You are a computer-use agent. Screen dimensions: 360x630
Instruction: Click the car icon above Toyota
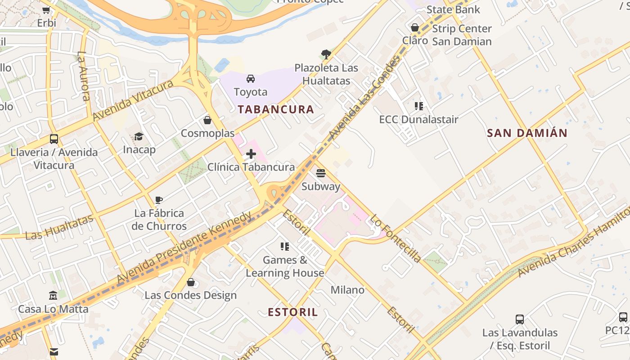[x=251, y=79]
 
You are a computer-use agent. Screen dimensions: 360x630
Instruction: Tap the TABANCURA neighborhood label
[x=275, y=109]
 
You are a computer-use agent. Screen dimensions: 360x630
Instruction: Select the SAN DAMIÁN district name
[x=527, y=133]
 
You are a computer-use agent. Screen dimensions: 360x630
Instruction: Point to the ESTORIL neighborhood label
[x=292, y=312]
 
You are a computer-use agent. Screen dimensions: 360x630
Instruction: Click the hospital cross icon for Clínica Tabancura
[x=251, y=154]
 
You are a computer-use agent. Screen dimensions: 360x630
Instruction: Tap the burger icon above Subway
[x=320, y=173]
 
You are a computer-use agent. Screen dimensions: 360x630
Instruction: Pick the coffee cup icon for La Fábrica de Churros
[x=158, y=200]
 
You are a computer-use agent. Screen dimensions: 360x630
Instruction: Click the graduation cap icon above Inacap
[x=139, y=136]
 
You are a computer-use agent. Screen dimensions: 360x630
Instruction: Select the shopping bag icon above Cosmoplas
[x=207, y=120]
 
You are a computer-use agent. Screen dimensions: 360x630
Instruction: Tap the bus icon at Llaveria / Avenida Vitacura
[x=54, y=139]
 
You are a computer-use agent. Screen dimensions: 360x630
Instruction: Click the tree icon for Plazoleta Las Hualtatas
[x=326, y=55]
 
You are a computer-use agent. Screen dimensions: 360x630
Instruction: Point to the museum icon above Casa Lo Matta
[x=53, y=296]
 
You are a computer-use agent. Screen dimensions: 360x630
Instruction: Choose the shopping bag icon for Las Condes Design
[x=190, y=282]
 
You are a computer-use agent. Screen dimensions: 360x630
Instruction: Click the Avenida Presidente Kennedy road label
[x=184, y=247]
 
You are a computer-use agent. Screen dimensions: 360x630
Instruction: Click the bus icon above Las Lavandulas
[x=520, y=319]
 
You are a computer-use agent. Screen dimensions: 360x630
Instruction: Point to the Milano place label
[x=347, y=290]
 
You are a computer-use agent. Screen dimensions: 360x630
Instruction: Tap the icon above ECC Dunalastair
[x=418, y=106]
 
